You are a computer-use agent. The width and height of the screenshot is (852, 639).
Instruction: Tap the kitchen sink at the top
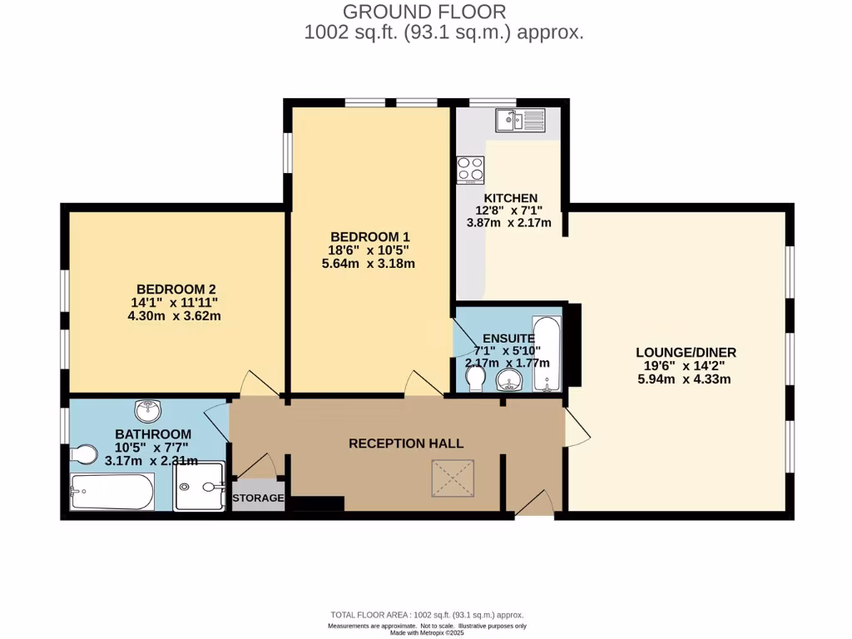click(x=519, y=121)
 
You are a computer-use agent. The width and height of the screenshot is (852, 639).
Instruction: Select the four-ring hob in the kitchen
click(x=470, y=170)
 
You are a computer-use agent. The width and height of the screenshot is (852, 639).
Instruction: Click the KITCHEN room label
click(x=511, y=198)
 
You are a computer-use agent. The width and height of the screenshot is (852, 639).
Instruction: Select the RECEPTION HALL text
click(x=405, y=443)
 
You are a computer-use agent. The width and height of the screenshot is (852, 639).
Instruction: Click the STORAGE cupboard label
click(x=258, y=498)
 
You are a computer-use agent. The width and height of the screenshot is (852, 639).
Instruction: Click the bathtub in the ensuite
click(x=547, y=352)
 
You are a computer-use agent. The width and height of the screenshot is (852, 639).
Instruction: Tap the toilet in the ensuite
click(x=476, y=379)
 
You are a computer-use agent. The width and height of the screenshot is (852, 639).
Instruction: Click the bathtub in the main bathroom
click(x=111, y=492)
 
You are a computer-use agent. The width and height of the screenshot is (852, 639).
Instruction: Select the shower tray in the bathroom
click(x=201, y=486)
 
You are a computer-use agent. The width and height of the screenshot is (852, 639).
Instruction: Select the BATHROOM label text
click(x=153, y=434)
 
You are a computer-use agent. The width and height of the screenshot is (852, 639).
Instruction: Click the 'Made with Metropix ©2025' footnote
click(x=426, y=633)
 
